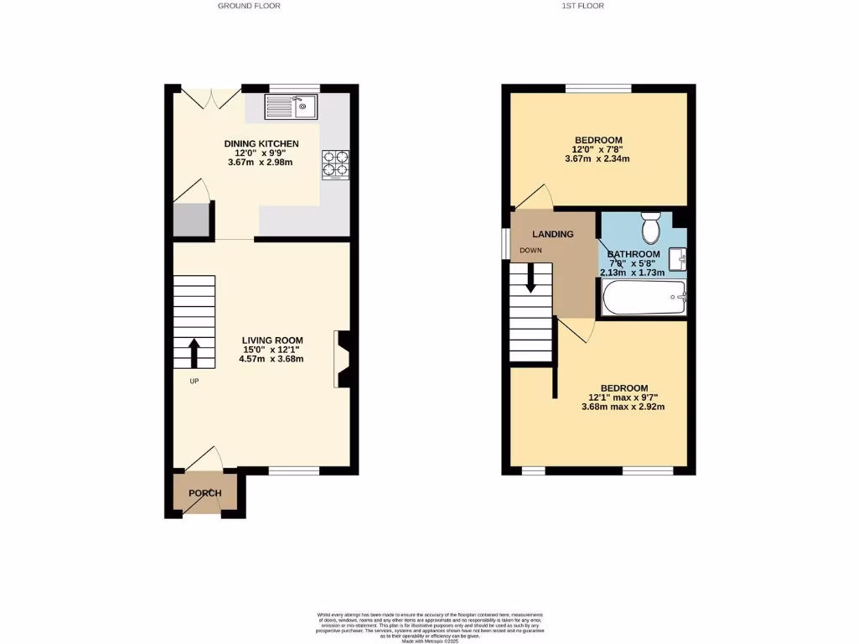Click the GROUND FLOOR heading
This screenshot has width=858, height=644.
point(249,6)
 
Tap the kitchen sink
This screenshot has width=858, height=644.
point(290,106)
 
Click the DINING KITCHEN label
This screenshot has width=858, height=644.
point(261,143)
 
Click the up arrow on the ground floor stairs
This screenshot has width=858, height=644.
point(194,353)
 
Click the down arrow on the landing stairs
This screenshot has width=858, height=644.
point(530,278)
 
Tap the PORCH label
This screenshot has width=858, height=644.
point(204,493)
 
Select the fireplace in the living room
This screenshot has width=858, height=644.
point(343,359)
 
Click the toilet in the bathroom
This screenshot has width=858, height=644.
point(651,227)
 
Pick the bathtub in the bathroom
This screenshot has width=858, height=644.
point(643,297)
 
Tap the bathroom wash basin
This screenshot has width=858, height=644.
point(679,260)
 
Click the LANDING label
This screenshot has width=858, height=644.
point(553,234)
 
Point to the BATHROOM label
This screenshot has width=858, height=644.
point(633,254)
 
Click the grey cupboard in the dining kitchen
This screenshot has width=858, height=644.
point(190,220)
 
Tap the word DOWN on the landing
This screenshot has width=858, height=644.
point(530,251)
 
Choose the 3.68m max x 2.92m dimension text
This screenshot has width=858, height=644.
point(623,408)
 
